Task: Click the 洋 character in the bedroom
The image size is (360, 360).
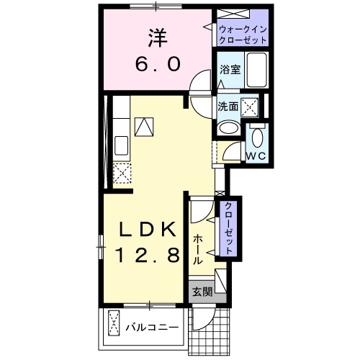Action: (158, 36)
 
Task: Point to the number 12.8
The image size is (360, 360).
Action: (146, 254)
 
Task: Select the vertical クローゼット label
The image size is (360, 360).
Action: (229, 228)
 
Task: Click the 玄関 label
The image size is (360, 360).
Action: (202, 292)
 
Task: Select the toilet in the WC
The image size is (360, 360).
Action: (256, 135)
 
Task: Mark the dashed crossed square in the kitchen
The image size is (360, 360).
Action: (122, 174)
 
